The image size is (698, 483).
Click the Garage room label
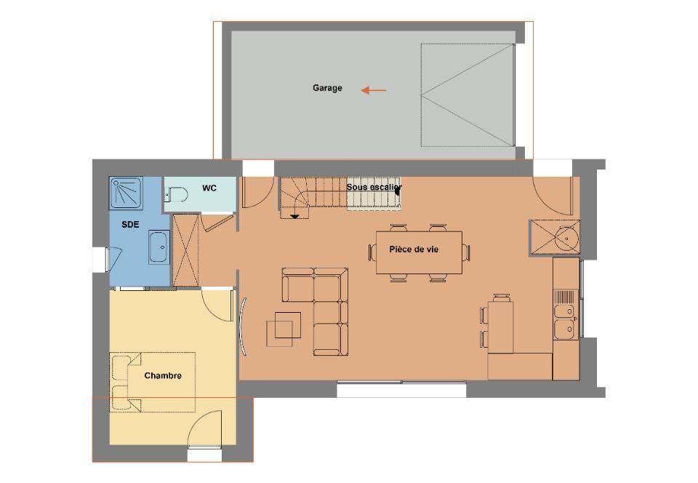click(327, 88)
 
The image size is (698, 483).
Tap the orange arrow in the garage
click(374, 90)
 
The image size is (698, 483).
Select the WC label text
click(209, 188)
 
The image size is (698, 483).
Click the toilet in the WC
click(177, 194)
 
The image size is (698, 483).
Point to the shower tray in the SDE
click(127, 193)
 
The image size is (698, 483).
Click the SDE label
click(130, 225)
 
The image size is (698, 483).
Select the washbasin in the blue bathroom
click(159, 247)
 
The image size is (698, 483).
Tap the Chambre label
click(163, 376)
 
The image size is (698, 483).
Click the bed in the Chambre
click(152, 382)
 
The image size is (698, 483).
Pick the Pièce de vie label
click(414, 250)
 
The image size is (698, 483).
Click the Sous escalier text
click(374, 187)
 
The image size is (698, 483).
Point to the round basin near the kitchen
click(566, 238)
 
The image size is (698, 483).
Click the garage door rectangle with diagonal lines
click(468, 95)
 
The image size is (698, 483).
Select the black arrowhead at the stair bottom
click(294, 216)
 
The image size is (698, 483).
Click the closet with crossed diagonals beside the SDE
click(185, 250)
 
